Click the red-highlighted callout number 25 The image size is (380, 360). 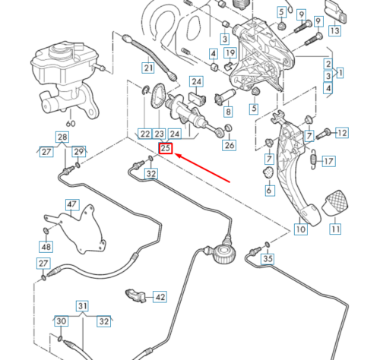[x=165, y=150]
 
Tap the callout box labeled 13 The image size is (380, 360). [x=334, y=32]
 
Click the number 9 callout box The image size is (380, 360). [x=301, y=14]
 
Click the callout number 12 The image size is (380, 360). [x=342, y=133]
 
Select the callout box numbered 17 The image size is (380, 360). [x=329, y=161]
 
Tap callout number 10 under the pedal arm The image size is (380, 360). [x=300, y=229]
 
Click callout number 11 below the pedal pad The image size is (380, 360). [x=335, y=229]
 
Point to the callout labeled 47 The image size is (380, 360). [x=72, y=204]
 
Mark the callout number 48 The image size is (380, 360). [x=46, y=247]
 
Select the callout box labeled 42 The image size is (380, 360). [x=160, y=297]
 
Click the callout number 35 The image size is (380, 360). [x=267, y=259]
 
